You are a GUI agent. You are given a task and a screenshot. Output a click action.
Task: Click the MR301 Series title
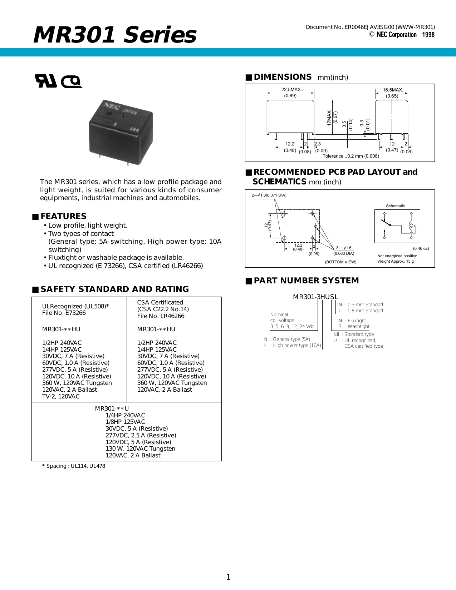tap(115, 35)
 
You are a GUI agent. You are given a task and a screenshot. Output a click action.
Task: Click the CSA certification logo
tap(72, 82)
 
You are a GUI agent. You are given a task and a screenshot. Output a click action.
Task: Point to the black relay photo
tap(121, 131)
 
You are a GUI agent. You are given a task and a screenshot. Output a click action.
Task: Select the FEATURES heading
tap(63, 216)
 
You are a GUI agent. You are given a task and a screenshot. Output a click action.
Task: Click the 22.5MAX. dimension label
tap(291, 90)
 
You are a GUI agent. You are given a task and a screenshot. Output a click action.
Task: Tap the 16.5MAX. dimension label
tap(393, 90)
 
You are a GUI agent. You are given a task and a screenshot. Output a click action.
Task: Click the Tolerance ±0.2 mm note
tap(350, 156)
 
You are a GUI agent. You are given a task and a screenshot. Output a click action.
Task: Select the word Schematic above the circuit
tap(395, 206)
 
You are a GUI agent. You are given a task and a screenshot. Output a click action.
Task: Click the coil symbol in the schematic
tap(411, 226)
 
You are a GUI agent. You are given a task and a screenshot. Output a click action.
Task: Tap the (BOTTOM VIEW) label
tap(340, 262)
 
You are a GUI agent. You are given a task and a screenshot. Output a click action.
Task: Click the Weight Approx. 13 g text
tap(395, 261)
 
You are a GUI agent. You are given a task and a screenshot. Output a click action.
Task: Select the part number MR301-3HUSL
tap(315, 297)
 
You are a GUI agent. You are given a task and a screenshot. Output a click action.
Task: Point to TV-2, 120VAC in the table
tap(61, 396)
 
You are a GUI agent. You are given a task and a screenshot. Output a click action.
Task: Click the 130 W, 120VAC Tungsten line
tap(140, 448)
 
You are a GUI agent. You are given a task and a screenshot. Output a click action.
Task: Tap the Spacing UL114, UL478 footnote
tap(74, 466)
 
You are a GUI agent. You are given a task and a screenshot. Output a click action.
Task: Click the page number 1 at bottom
tap(228, 577)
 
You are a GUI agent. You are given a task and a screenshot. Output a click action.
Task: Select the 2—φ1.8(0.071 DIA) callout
tap(269, 195)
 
